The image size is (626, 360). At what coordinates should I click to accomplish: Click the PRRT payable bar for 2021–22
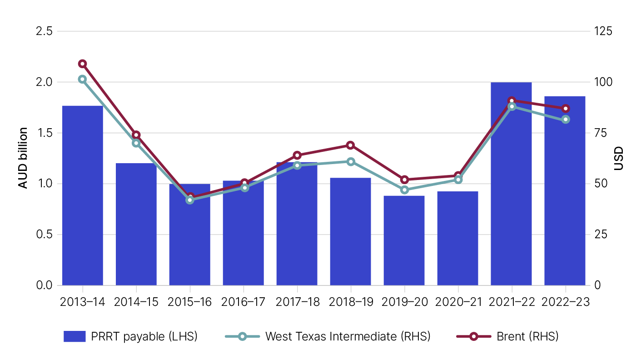[x=511, y=191]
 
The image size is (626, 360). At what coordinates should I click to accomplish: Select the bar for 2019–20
[x=404, y=241]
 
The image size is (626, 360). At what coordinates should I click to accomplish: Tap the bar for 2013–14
[x=82, y=195]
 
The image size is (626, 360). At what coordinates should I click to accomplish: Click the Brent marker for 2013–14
[x=82, y=64]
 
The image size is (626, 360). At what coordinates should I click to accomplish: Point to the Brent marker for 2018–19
[x=350, y=145]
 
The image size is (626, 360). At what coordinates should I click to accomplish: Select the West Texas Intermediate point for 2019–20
[x=404, y=190]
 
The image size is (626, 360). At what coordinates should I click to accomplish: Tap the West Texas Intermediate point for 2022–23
[x=565, y=119]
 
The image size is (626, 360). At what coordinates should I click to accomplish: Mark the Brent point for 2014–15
[x=136, y=135]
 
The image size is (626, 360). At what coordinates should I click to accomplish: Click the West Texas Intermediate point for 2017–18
[x=297, y=165]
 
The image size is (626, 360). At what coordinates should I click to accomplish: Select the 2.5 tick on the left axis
[x=44, y=31]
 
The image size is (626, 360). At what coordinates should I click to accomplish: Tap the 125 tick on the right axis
[x=602, y=31]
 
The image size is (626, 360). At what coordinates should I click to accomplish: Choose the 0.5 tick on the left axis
[x=44, y=235]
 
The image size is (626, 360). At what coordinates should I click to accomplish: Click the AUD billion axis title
[x=23, y=158]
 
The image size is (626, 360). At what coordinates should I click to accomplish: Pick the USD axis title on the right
[x=618, y=158]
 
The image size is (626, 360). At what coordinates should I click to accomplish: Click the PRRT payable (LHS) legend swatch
[x=75, y=336]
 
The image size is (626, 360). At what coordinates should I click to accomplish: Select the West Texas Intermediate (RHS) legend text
[x=348, y=336]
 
